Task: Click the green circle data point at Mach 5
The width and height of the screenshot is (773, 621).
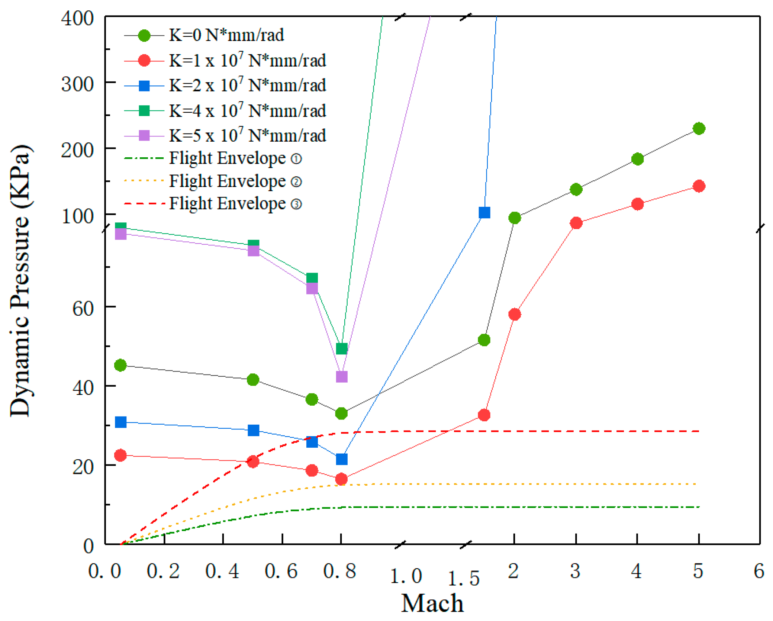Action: (698, 128)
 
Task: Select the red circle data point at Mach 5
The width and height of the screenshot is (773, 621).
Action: (698, 186)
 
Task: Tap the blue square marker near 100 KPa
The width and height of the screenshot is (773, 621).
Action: (484, 212)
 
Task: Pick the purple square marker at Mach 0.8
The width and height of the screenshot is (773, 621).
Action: (341, 376)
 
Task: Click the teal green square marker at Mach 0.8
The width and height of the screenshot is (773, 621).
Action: (341, 348)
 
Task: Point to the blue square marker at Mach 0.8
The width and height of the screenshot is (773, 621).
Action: (341, 459)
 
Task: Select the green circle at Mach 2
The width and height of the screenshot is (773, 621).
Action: (514, 218)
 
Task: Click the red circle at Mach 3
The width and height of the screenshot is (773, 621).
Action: (576, 223)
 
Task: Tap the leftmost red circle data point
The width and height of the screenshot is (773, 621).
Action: (120, 455)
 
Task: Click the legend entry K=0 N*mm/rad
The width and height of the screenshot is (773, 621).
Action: (226, 35)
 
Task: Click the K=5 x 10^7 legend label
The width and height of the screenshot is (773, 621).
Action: (247, 135)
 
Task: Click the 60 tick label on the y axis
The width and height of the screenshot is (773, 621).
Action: (83, 308)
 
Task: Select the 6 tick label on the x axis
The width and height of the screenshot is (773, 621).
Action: (758, 571)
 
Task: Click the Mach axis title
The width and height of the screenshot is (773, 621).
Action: (432, 603)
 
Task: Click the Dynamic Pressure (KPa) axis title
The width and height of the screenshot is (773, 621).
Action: (20, 281)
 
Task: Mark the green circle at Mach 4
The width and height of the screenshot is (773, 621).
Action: (637, 159)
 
